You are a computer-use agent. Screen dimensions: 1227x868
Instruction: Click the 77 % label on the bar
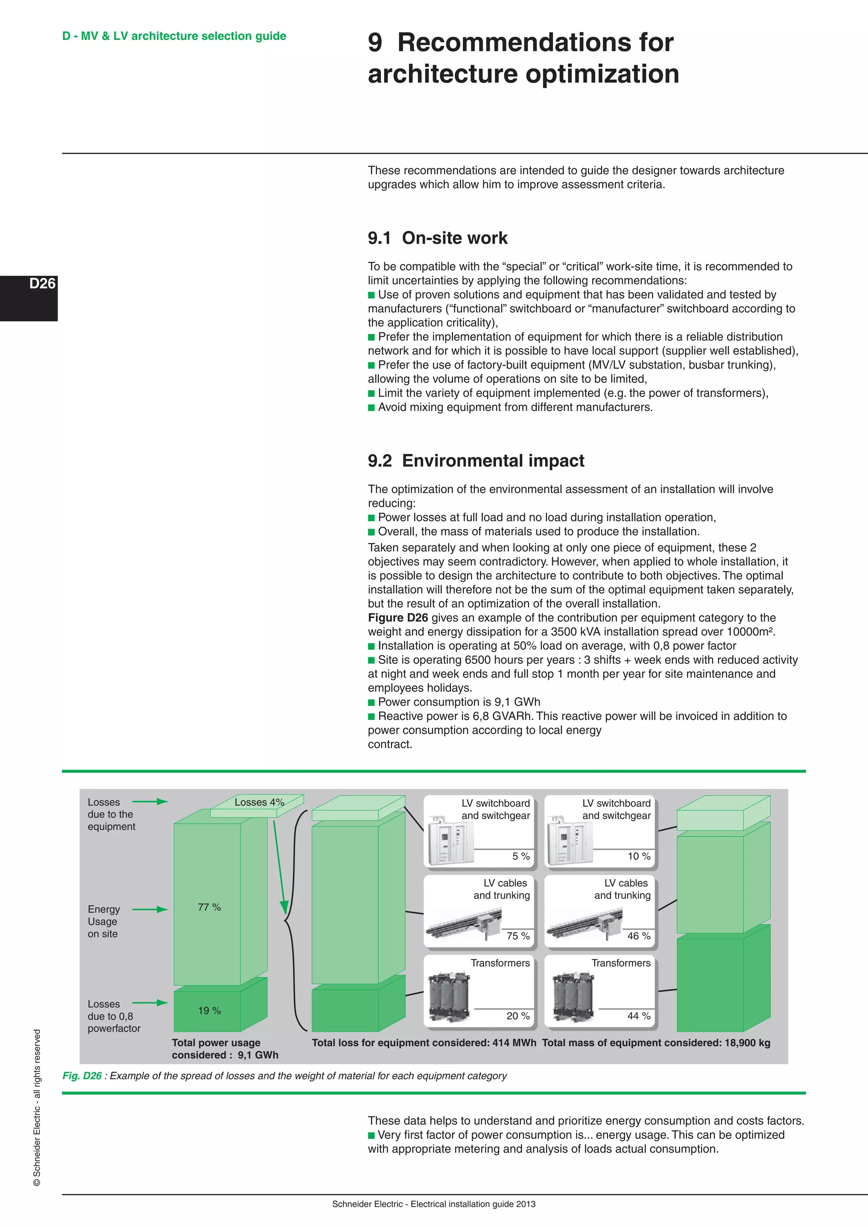(209, 908)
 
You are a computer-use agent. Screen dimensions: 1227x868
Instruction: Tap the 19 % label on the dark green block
(209, 1010)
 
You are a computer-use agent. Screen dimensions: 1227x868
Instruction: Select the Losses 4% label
(259, 802)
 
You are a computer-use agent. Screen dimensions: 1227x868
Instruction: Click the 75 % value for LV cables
(518, 936)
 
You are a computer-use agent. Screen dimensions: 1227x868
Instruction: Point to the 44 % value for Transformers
(639, 1016)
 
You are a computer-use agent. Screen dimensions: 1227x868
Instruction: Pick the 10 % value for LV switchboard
(639, 856)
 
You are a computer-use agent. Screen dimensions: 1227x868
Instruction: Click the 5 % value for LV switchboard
(520, 856)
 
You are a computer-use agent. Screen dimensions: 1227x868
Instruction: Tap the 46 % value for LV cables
(639, 936)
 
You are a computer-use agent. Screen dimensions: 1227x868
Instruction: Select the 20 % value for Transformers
(518, 1016)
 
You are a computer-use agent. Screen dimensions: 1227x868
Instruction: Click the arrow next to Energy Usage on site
(150, 910)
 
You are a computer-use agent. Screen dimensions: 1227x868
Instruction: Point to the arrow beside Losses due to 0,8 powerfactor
(150, 1003)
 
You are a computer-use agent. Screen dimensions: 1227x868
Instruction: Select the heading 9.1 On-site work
(437, 238)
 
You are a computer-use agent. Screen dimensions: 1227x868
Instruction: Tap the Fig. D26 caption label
(82, 1076)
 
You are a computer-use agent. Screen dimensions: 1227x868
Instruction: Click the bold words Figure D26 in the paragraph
(398, 618)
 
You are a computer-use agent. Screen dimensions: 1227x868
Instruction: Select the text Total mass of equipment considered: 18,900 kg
(656, 1043)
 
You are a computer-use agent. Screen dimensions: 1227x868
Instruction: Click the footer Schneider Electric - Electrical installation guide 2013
(434, 1204)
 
